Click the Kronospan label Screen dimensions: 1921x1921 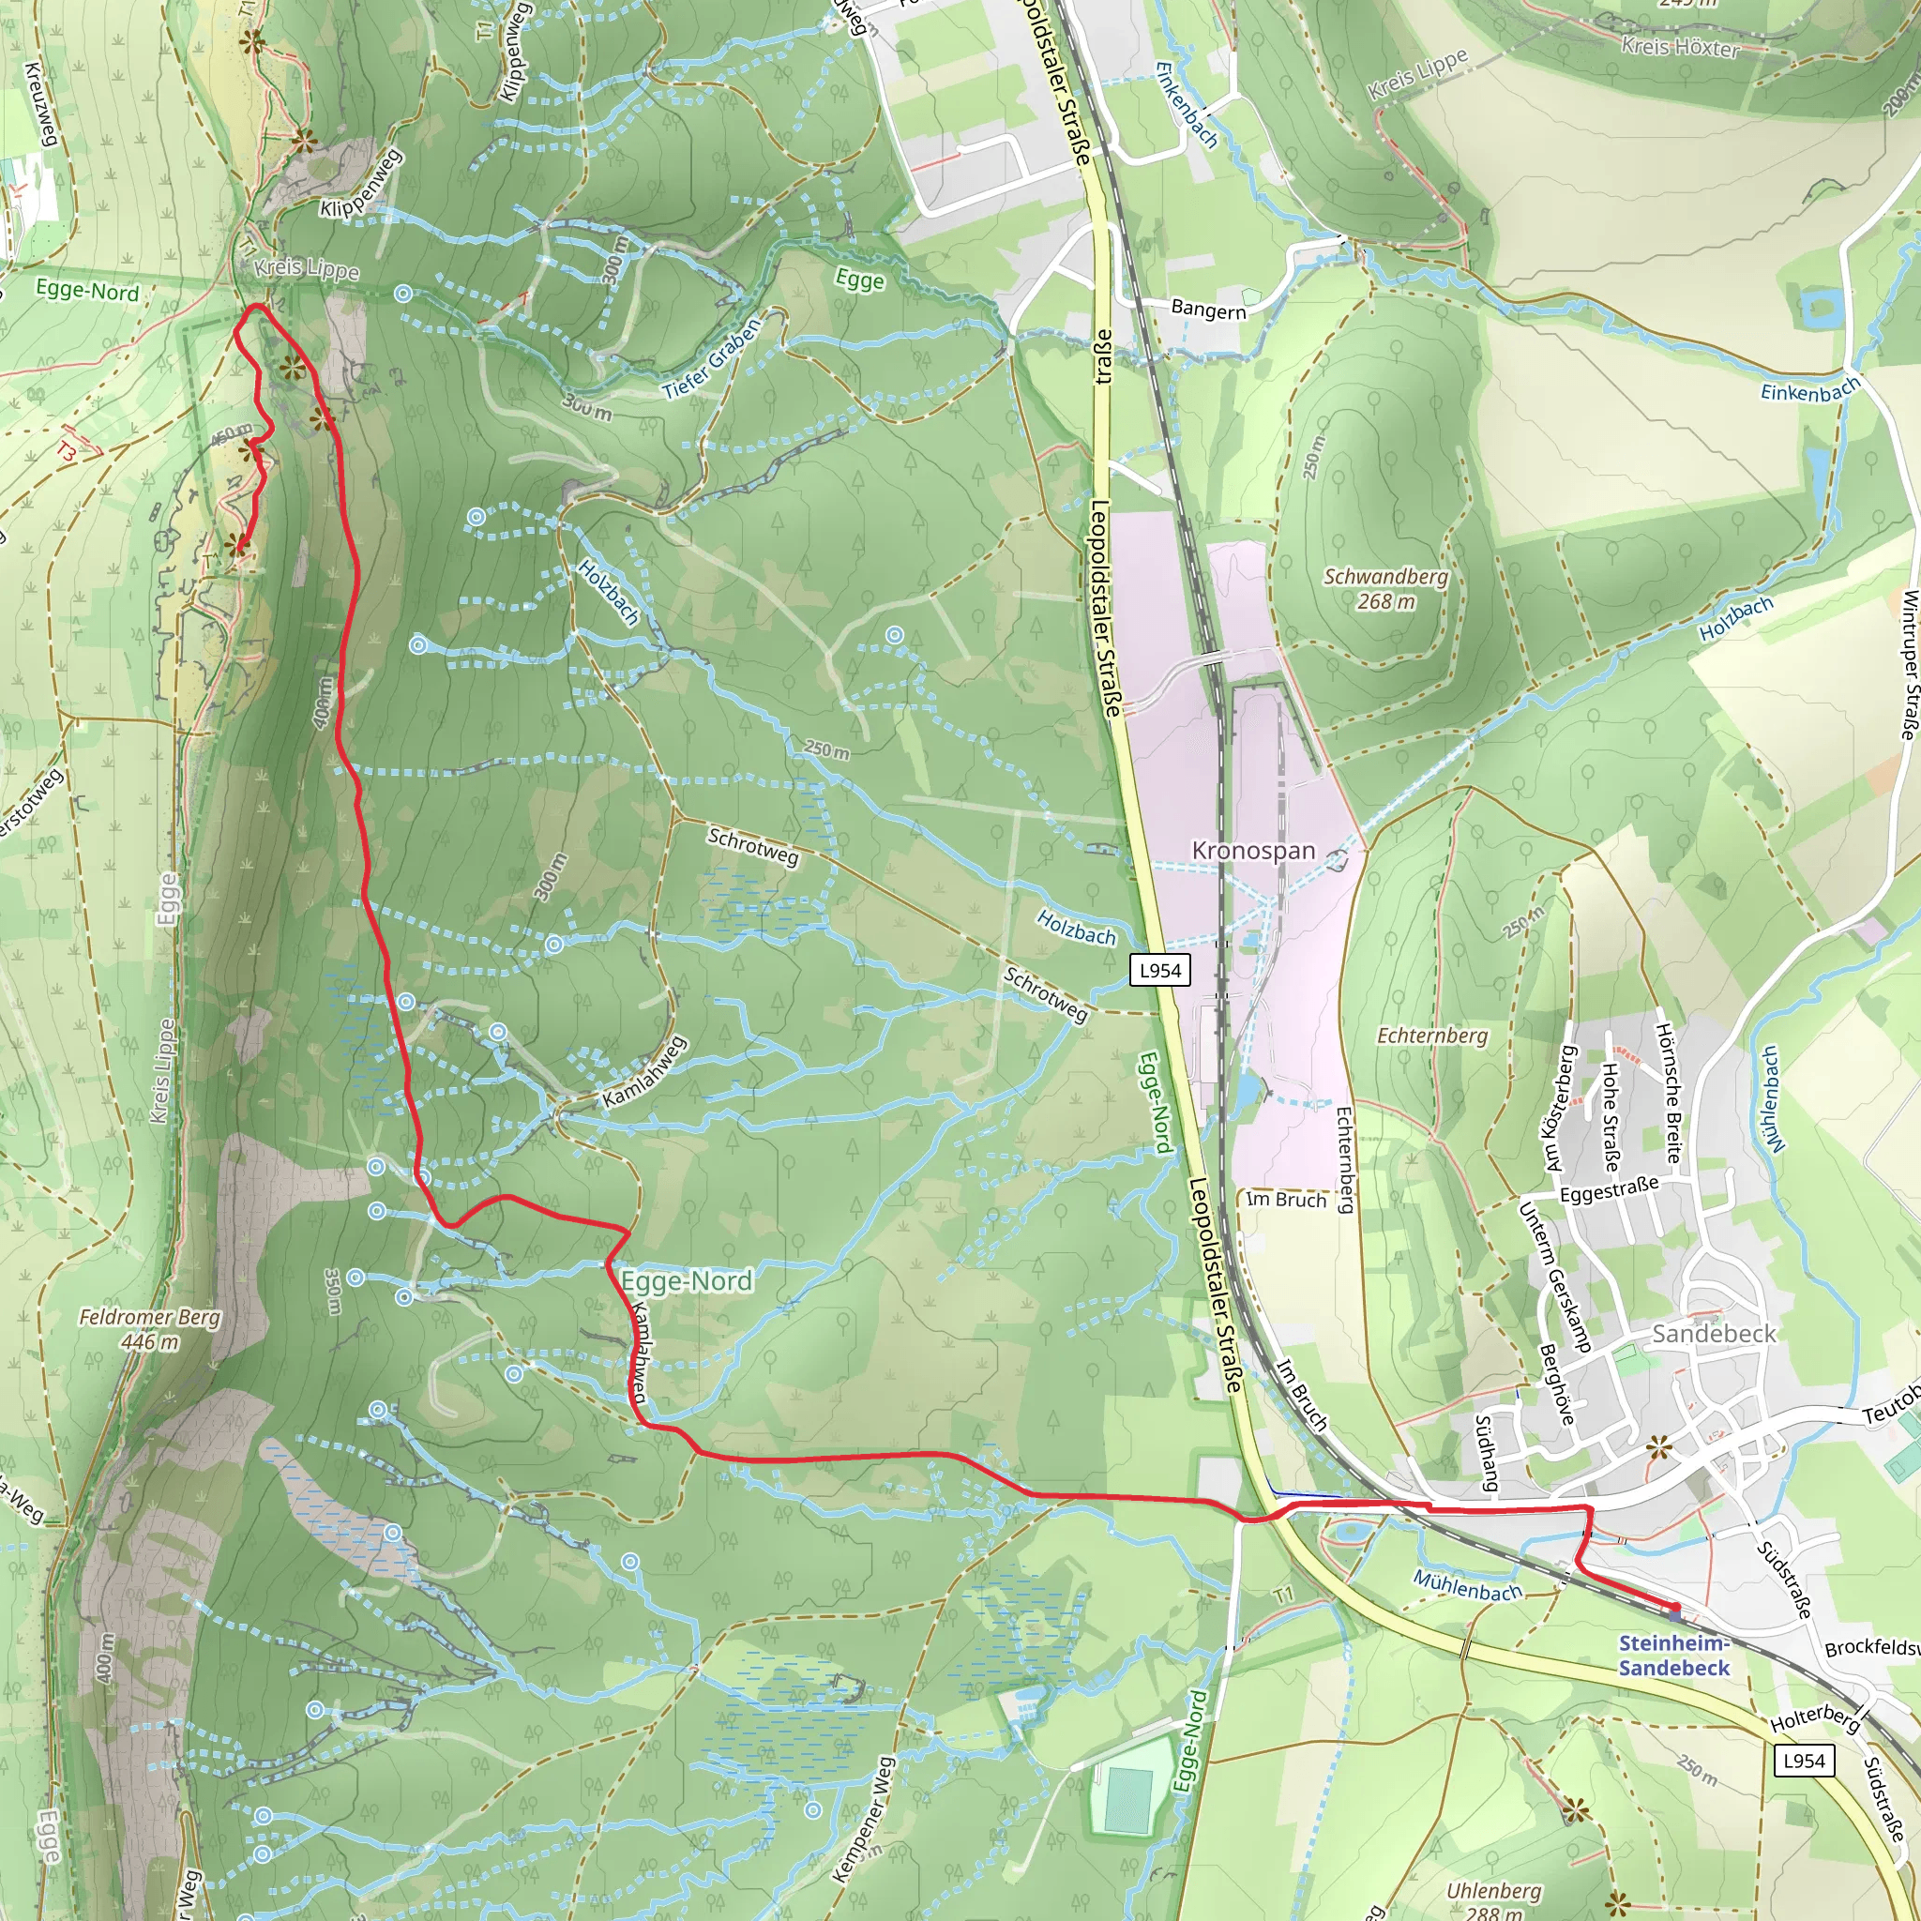1253,851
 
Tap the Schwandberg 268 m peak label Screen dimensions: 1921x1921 1386,589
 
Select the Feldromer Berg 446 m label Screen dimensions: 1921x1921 150,1329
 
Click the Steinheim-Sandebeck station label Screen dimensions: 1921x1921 1673,1656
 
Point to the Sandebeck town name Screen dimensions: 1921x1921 1713,1334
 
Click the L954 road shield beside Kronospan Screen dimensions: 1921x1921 1159,971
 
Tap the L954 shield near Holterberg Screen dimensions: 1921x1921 1804,1761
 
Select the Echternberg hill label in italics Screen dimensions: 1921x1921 1431,1036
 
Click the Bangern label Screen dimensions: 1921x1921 1208,310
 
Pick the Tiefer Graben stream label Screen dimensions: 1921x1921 712,360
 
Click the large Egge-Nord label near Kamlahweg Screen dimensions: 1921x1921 686,1280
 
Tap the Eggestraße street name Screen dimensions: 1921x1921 1609,1189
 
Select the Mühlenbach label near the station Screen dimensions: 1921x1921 1468,1586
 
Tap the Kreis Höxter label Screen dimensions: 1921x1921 1680,47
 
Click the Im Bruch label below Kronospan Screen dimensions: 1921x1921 1286,1200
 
